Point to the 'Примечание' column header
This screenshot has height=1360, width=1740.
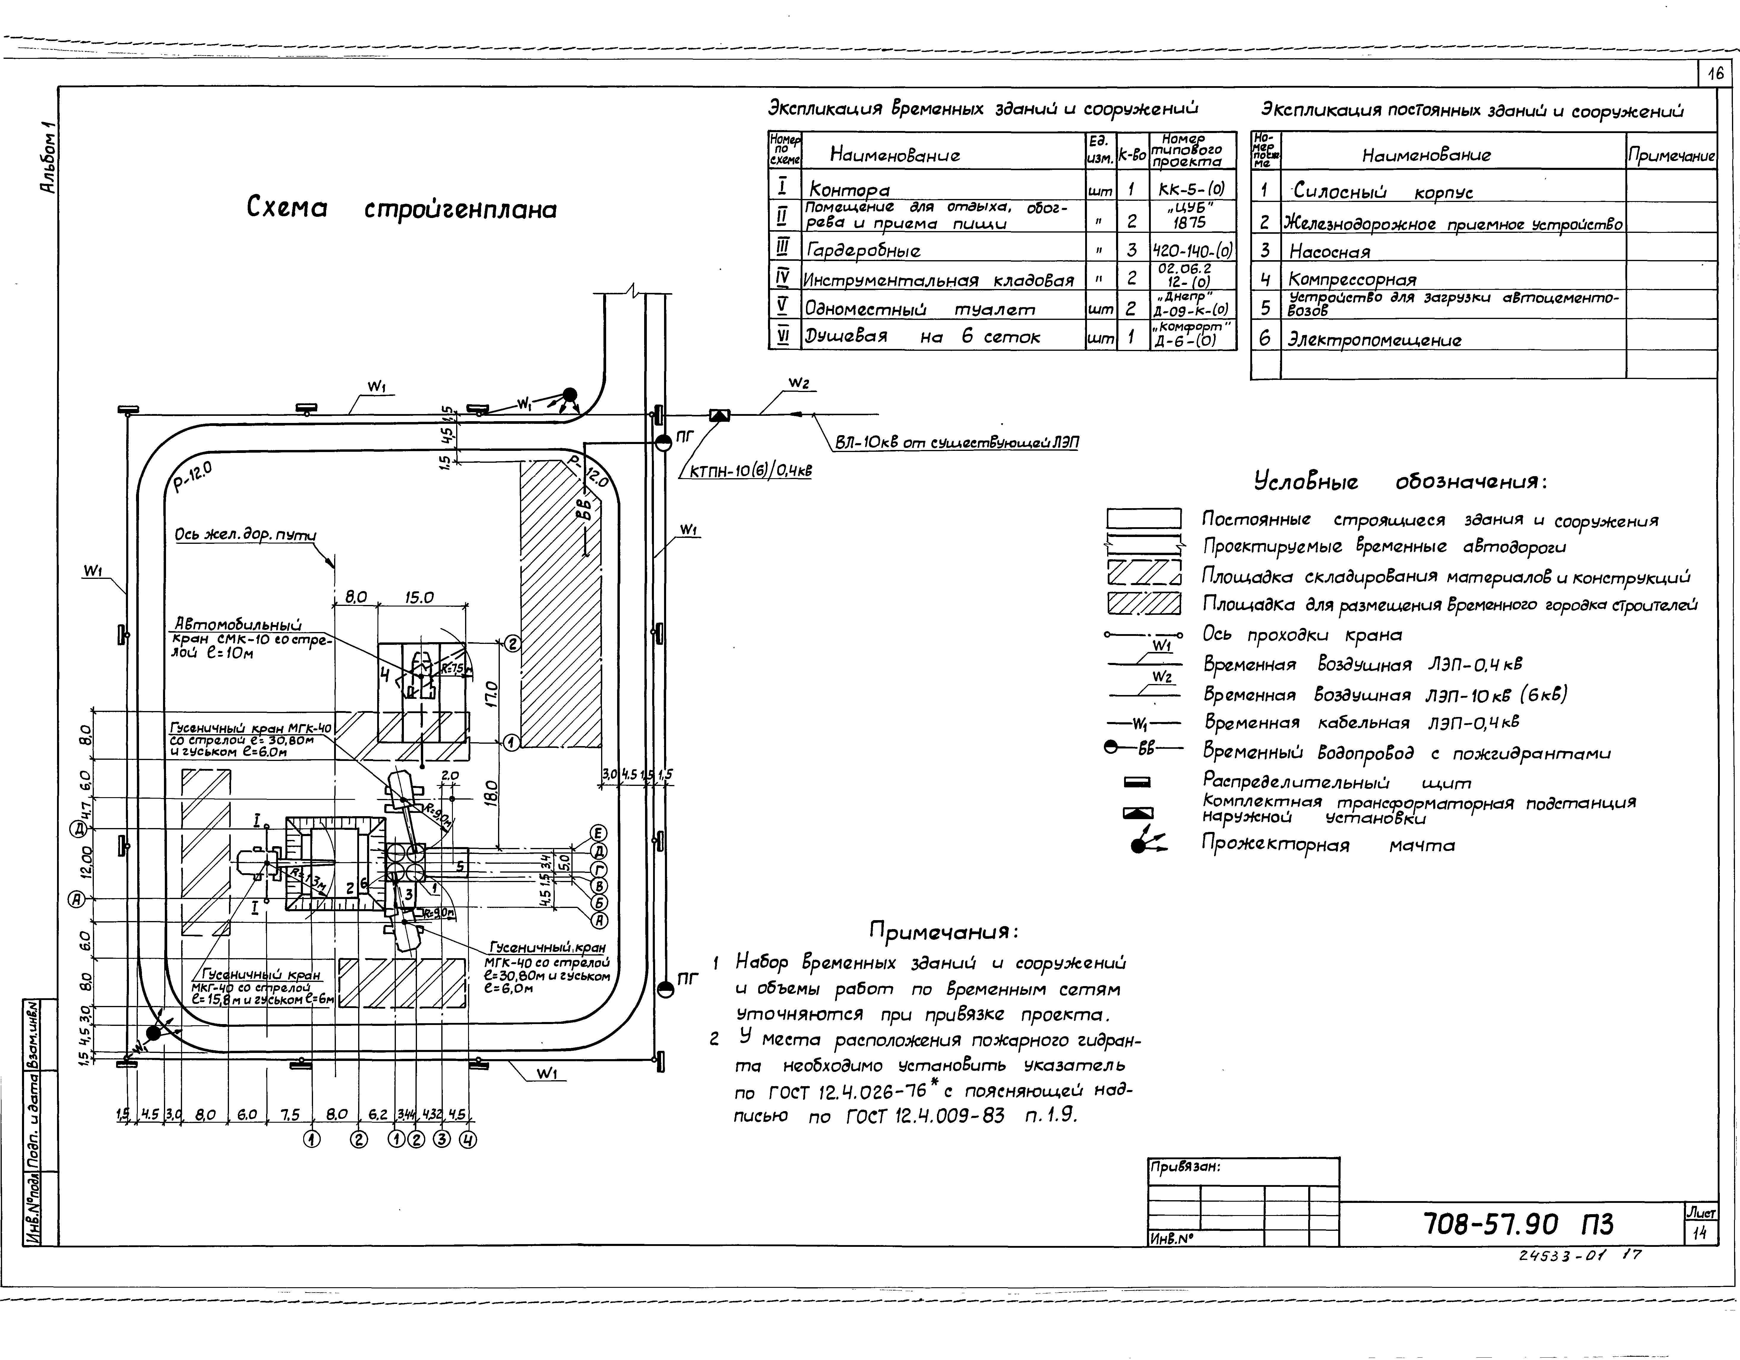[x=1671, y=156]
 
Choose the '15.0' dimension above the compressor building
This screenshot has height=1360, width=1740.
[x=419, y=597]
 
